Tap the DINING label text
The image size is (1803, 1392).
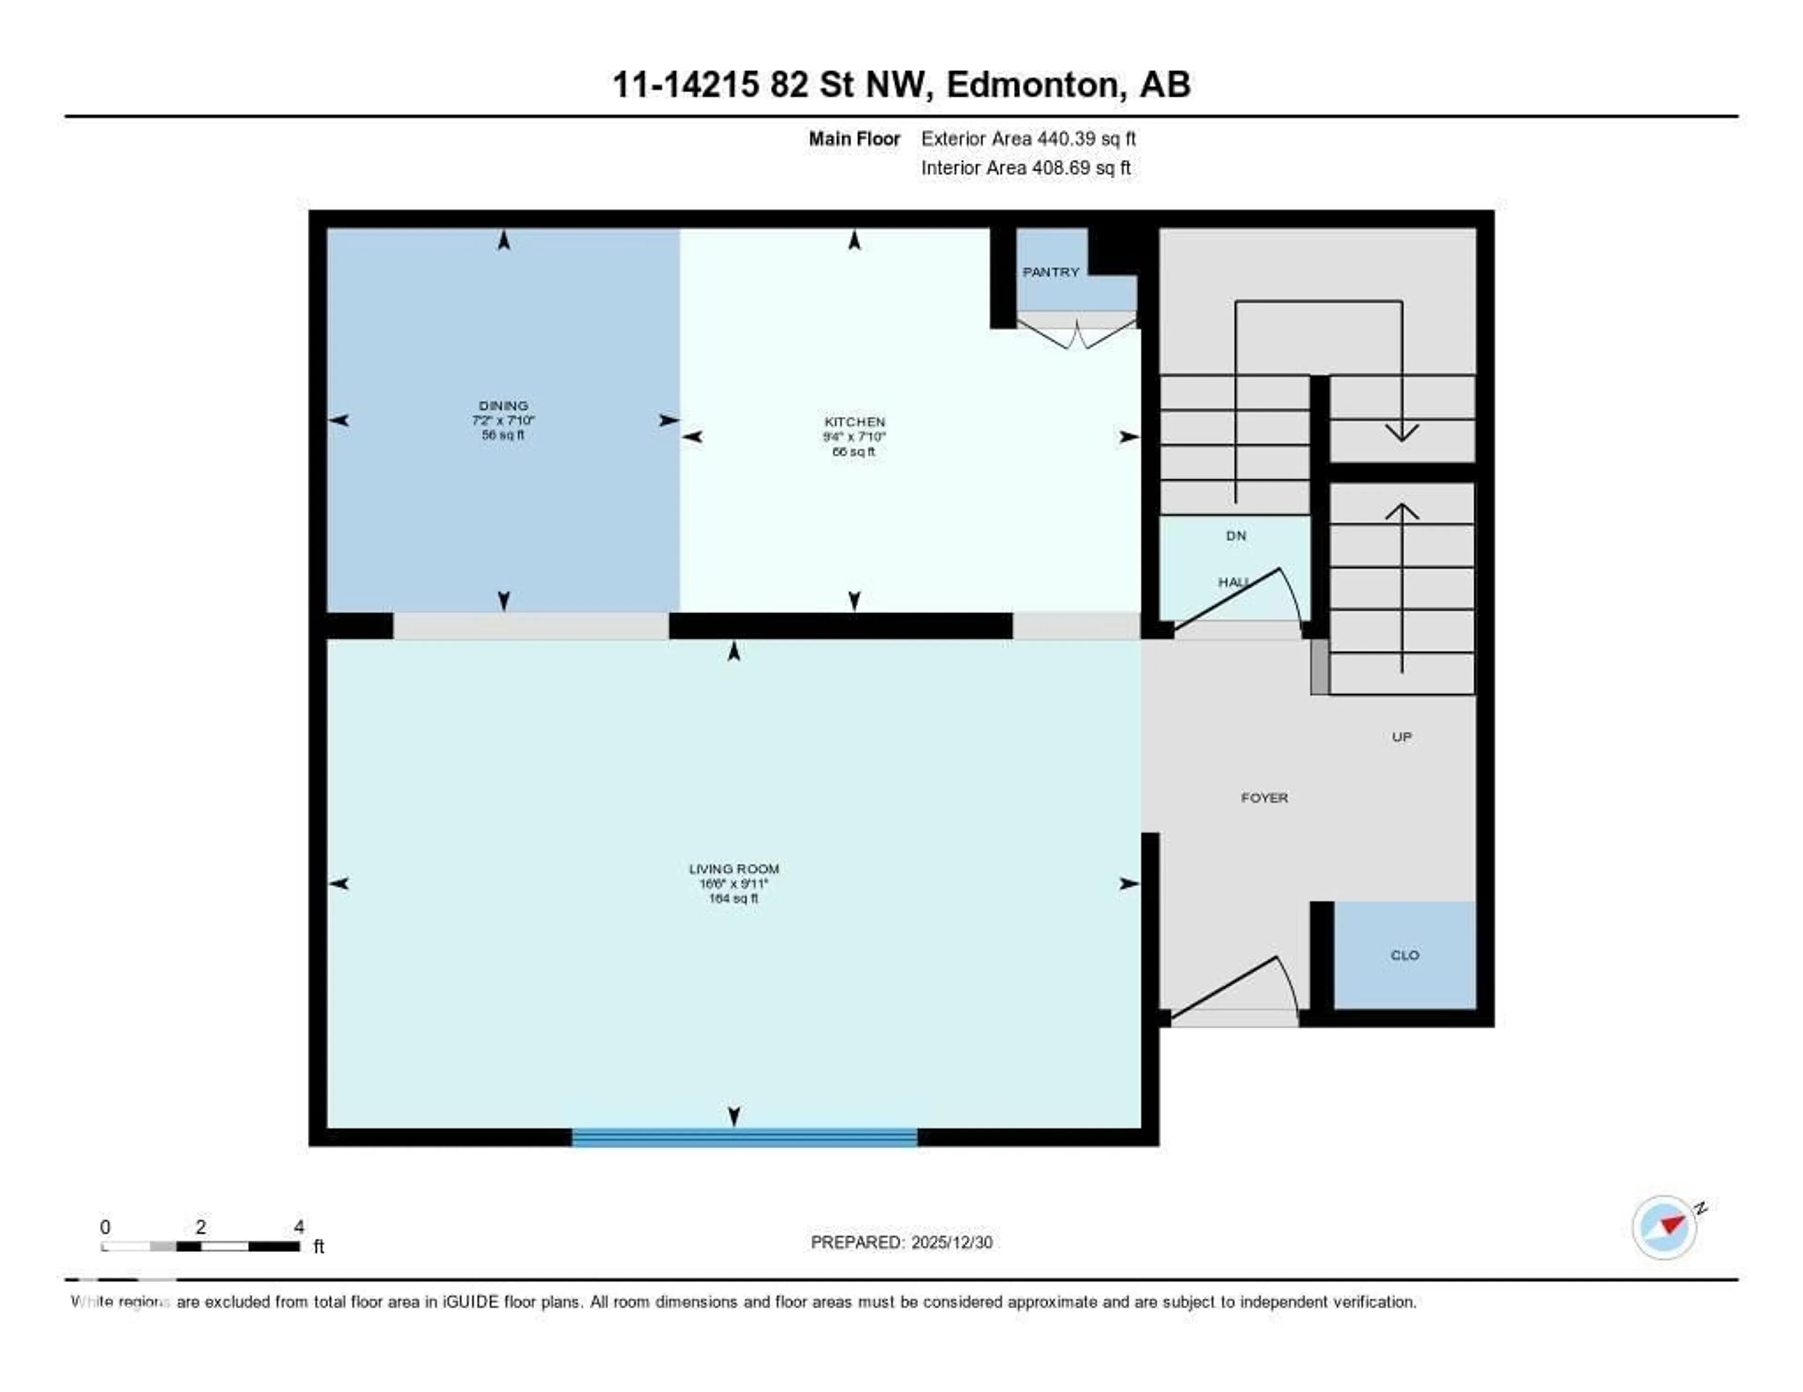pyautogui.click(x=503, y=405)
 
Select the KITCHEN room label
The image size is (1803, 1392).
pyautogui.click(x=855, y=421)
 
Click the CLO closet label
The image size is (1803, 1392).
pyautogui.click(x=1404, y=956)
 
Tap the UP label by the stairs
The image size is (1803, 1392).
pyautogui.click(x=1401, y=737)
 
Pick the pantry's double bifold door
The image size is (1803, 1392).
pyautogui.click(x=1077, y=334)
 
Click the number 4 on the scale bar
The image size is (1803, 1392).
pyautogui.click(x=299, y=1227)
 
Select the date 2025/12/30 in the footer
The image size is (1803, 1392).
pyautogui.click(x=951, y=1243)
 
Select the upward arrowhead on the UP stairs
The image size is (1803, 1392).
pyautogui.click(x=1401, y=512)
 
